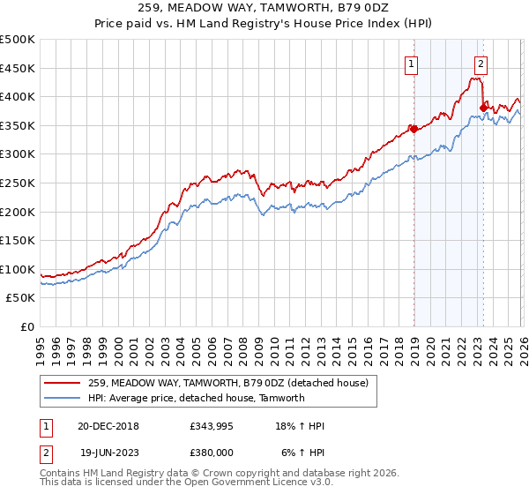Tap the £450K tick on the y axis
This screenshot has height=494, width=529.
point(18,68)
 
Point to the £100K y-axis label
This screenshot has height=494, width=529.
point(18,270)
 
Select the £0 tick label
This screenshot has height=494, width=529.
point(26,327)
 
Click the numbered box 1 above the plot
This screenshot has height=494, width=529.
point(412,63)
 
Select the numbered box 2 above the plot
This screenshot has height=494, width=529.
point(481,63)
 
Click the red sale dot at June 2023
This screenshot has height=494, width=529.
point(483,108)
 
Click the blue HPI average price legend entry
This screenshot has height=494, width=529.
point(196,398)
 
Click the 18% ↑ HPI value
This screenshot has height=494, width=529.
point(300,427)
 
